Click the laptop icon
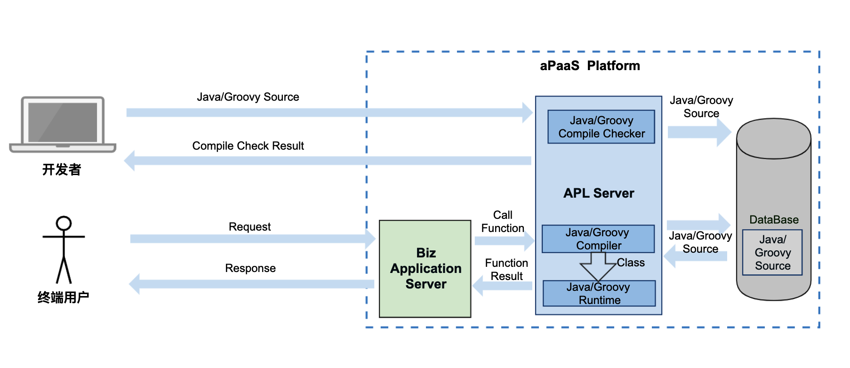pyautogui.click(x=63, y=124)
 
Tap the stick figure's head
pyautogui.click(x=64, y=223)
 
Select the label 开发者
pyautogui.click(x=62, y=169)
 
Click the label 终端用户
pyautogui.click(x=63, y=297)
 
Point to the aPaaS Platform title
pyautogui.click(x=590, y=66)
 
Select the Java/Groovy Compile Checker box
pyautogui.click(x=601, y=127)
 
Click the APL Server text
pyautogui.click(x=599, y=193)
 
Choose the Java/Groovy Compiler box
pyautogui.click(x=598, y=239)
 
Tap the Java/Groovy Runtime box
pyautogui.click(x=599, y=294)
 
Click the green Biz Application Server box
pyautogui.click(x=425, y=269)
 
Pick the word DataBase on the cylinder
pyautogui.click(x=774, y=220)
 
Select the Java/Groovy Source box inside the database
pyautogui.click(x=772, y=253)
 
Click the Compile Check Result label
pyautogui.click(x=248, y=146)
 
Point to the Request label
pyautogui.click(x=249, y=227)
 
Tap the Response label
pyautogui.click(x=250, y=268)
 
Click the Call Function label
pyautogui.click(x=503, y=222)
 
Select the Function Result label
pyautogui.click(x=506, y=270)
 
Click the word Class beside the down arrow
pyautogui.click(x=631, y=263)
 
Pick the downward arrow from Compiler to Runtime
pyautogui.click(x=598, y=266)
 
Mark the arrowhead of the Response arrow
pyautogui.click(x=135, y=284)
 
